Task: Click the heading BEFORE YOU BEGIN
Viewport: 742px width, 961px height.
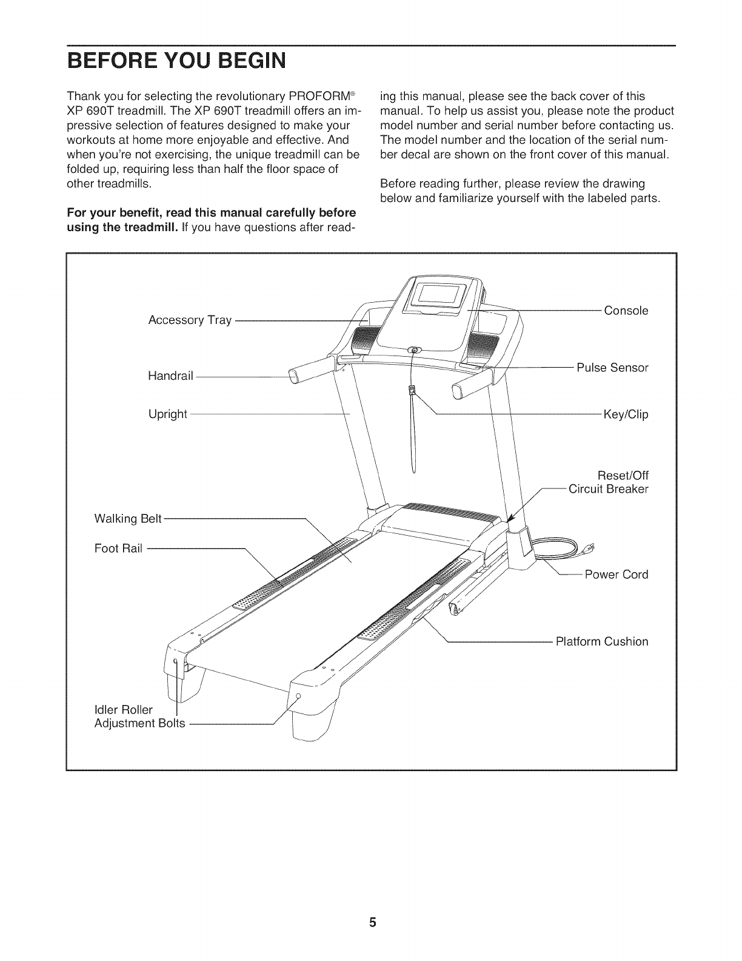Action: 176,62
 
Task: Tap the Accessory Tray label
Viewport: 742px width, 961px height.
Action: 190,320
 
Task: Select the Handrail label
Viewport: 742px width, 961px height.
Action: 170,376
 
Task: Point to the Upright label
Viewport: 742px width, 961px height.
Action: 168,414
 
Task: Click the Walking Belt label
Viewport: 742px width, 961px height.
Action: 129,519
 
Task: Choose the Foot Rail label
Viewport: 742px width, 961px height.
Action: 119,548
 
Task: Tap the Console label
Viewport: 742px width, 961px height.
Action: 626,311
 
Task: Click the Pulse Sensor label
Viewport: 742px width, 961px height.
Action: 612,368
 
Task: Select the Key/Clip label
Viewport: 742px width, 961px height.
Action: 626,414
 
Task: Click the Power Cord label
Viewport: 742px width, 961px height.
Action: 616,574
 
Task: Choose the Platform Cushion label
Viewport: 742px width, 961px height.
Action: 602,641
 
